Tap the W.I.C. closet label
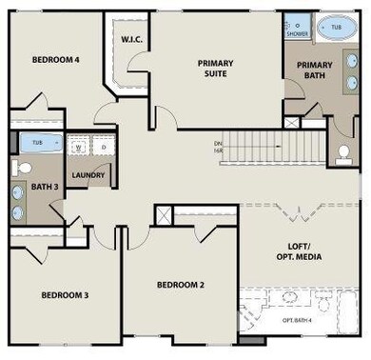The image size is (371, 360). [131, 40]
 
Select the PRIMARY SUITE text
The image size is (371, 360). [215, 69]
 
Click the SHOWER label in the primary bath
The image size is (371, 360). [297, 34]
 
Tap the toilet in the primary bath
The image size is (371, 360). [343, 151]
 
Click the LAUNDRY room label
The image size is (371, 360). [88, 175]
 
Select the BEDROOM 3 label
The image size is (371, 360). [65, 295]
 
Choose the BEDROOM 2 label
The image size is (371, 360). [181, 286]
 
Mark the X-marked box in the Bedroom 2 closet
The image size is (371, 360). [163, 214]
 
